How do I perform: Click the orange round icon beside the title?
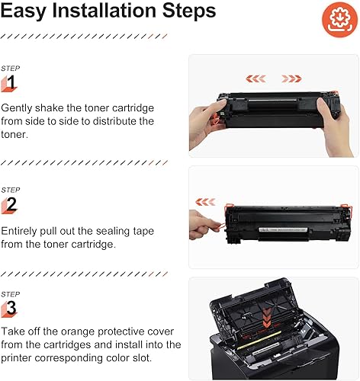[x=334, y=18]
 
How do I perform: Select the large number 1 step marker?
[x=11, y=82]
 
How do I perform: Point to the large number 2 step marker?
[x=11, y=204]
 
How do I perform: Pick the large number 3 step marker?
[x=11, y=309]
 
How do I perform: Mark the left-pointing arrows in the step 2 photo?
[x=206, y=202]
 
